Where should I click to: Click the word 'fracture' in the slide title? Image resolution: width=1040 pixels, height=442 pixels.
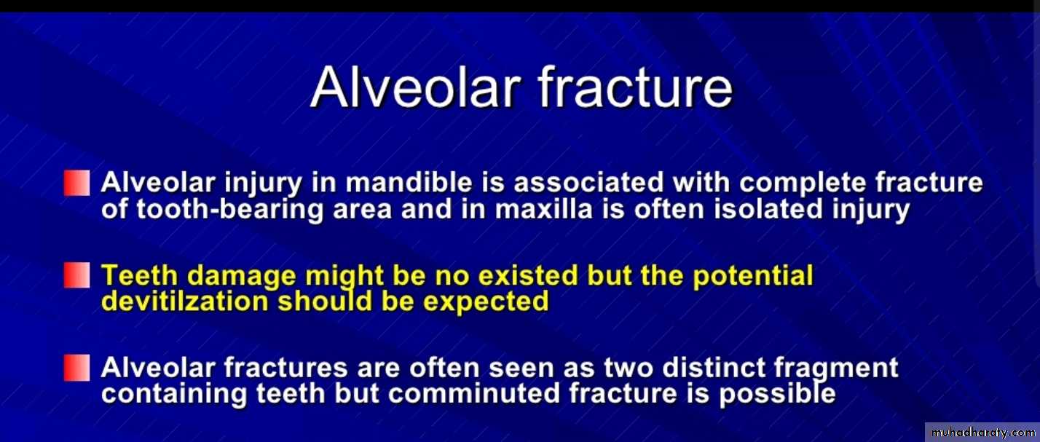635,87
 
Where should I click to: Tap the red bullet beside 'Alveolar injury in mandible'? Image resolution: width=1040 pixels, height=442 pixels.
76,183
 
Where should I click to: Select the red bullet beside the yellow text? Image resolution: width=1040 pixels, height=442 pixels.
76,275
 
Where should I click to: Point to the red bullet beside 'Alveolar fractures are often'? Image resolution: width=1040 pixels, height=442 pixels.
76,368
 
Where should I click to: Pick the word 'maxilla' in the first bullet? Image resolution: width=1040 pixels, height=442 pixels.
544,208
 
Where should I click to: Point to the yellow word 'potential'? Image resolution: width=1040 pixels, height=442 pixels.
752,276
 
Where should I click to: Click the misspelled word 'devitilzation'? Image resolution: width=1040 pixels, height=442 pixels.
185,301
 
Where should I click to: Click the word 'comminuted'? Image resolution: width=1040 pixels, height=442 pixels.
474,394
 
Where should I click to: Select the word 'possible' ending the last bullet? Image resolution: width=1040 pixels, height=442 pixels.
777,395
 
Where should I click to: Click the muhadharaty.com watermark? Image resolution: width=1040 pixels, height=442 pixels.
982,433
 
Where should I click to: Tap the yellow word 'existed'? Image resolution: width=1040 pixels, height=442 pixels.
528,275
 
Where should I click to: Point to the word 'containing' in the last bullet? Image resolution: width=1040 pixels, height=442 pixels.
174,395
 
